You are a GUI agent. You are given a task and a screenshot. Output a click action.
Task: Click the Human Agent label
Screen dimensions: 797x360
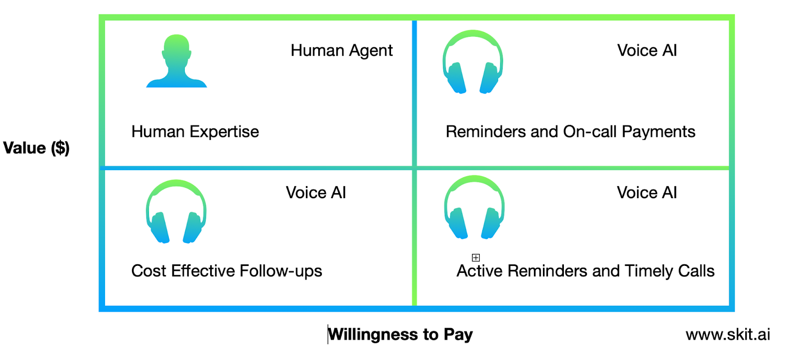click(342, 51)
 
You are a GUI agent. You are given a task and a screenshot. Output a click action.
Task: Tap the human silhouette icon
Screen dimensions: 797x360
click(176, 61)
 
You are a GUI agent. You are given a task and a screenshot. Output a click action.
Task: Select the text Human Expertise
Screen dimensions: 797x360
click(195, 132)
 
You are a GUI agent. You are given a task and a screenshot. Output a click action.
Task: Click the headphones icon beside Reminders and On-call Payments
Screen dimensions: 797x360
click(473, 62)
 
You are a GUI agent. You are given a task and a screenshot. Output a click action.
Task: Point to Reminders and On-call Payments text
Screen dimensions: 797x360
click(570, 132)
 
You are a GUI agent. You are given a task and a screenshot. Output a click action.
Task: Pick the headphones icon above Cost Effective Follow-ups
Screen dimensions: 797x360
click(176, 212)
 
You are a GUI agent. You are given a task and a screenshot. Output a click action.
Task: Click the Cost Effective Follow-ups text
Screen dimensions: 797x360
click(227, 271)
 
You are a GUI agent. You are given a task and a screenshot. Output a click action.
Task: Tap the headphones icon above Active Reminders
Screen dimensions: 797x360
click(474, 208)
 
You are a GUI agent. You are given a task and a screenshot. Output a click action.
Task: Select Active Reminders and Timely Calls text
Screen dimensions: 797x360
click(585, 271)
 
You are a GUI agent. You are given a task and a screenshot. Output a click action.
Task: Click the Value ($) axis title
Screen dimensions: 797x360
click(36, 148)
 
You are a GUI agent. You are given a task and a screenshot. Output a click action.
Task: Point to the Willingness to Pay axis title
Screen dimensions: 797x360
click(400, 335)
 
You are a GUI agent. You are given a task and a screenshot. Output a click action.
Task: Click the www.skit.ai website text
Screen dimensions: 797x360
click(728, 335)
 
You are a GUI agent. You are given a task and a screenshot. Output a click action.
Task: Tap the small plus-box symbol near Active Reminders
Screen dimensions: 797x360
click(476, 257)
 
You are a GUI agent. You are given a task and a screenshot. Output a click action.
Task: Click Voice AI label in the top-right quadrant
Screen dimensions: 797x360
click(647, 50)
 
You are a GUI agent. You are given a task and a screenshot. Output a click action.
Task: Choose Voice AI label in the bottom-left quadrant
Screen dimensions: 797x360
click(316, 193)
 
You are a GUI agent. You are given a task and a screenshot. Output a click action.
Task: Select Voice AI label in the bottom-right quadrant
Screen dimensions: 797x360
click(647, 193)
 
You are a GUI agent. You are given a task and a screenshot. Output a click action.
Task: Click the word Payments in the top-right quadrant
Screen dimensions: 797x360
click(658, 132)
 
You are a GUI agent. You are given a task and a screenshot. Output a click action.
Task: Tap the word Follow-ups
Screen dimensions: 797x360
click(281, 271)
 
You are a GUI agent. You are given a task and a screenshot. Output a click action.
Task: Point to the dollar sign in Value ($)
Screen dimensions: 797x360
click(60, 148)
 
